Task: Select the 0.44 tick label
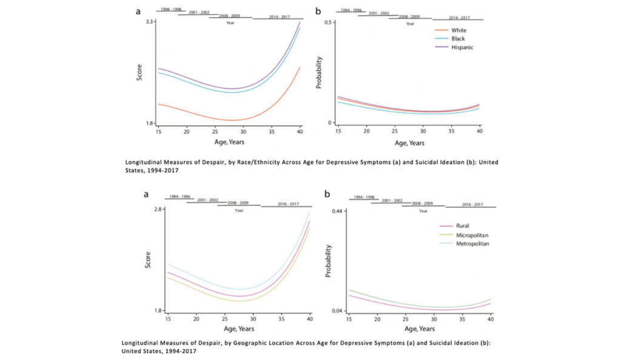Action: tap(336, 210)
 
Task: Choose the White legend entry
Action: tap(458, 30)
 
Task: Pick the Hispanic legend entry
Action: tap(462, 47)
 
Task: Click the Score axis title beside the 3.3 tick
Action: tap(139, 72)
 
